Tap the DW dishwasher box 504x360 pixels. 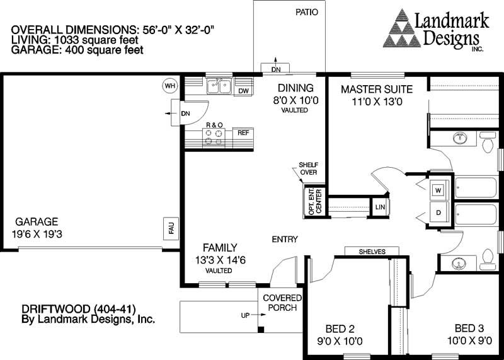click(244, 91)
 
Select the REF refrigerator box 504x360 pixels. click(243, 133)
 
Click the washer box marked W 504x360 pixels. click(439, 189)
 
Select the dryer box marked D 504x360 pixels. click(439, 212)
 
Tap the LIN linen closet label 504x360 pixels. click(380, 207)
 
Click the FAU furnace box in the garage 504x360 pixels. click(170, 228)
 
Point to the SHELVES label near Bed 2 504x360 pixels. click(372, 252)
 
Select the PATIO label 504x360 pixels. click(306, 11)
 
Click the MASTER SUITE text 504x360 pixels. click(376, 89)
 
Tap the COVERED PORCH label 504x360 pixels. click(282, 303)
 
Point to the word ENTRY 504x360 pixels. click(285, 239)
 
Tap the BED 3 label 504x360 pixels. click(469, 328)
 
